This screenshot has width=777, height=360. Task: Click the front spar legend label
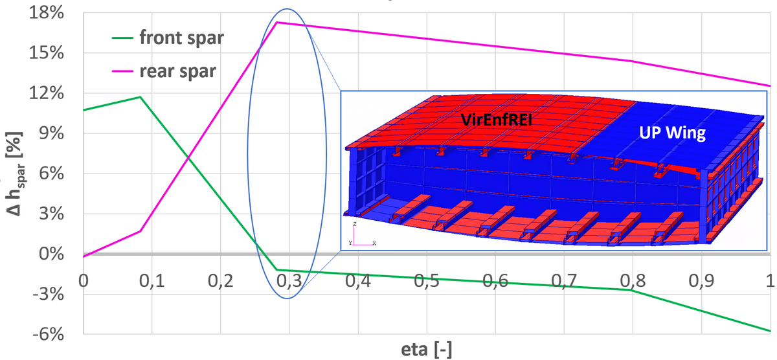point(182,37)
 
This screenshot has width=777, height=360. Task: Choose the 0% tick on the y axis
point(52,254)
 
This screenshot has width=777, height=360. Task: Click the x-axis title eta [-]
point(426,350)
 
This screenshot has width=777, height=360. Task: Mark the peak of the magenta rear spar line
point(277,23)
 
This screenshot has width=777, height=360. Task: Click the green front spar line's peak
point(140,97)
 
